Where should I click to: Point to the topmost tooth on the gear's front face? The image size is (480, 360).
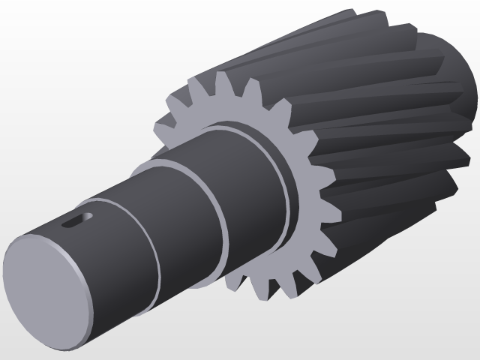click(x=223, y=79)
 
